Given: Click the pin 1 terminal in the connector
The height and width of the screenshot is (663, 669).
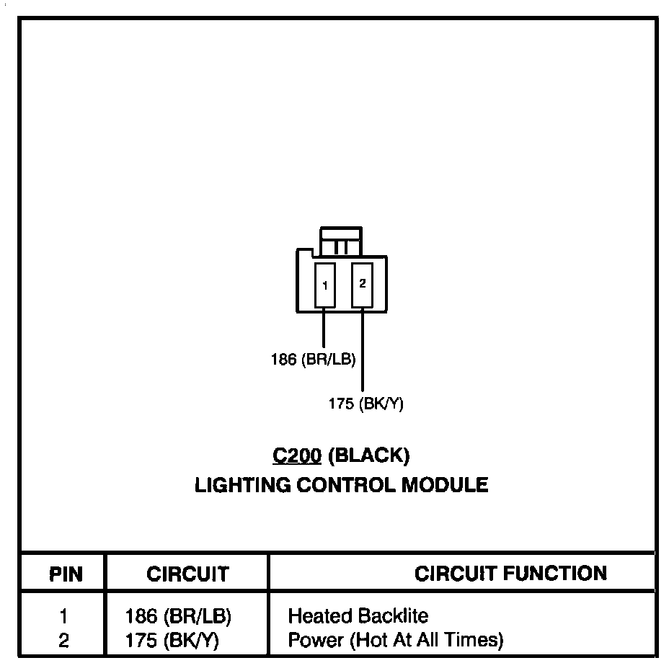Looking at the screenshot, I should click(325, 285).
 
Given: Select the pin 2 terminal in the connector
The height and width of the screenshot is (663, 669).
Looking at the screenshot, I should click(362, 284).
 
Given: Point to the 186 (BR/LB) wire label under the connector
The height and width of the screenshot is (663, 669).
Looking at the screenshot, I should click(313, 359).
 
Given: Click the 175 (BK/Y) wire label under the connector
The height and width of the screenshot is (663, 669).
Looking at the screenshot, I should click(365, 404).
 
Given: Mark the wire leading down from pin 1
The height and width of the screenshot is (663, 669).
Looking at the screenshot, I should click(324, 328).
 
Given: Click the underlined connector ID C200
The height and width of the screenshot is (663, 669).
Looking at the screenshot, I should click(296, 455).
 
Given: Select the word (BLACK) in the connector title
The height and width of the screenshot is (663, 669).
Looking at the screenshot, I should click(369, 455).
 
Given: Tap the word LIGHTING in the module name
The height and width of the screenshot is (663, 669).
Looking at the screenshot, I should click(239, 485).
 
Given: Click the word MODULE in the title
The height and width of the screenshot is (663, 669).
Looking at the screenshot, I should click(445, 485).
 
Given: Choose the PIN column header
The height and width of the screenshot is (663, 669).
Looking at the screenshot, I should click(66, 574).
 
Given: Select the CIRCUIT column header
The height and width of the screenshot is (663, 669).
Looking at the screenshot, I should click(187, 574).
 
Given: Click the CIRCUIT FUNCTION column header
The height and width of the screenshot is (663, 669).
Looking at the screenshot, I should click(510, 574).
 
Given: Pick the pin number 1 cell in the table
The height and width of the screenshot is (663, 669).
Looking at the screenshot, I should click(64, 617).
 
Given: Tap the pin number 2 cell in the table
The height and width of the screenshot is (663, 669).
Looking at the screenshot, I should click(64, 639).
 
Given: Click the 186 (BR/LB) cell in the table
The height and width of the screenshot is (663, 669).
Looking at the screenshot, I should click(178, 617).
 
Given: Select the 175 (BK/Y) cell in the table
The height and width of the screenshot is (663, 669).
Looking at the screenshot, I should click(172, 639).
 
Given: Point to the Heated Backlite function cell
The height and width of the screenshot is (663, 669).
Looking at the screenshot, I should click(358, 617).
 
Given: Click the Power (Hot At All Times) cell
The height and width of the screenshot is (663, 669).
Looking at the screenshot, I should click(395, 639).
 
